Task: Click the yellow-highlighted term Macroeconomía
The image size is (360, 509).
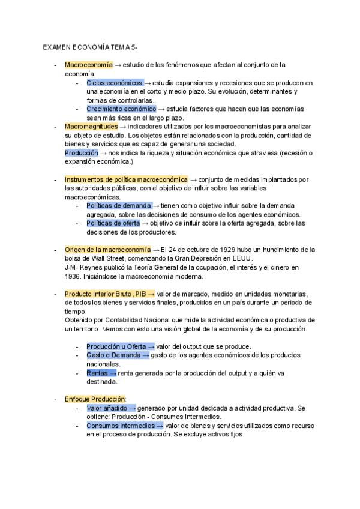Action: (88, 64)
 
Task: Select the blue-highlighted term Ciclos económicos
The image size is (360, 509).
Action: (115, 82)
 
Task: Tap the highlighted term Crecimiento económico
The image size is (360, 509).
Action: (121, 109)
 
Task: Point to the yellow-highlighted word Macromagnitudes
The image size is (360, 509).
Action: (91, 127)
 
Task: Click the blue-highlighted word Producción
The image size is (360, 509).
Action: (81, 152)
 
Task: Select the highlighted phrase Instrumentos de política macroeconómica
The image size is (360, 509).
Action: (126, 179)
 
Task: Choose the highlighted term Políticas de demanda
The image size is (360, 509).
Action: (119, 205)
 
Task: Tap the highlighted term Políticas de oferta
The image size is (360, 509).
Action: (113, 223)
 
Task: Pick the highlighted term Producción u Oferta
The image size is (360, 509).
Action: (116, 346)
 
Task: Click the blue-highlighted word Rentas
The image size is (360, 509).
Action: (97, 373)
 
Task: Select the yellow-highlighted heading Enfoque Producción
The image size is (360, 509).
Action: (94, 399)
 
